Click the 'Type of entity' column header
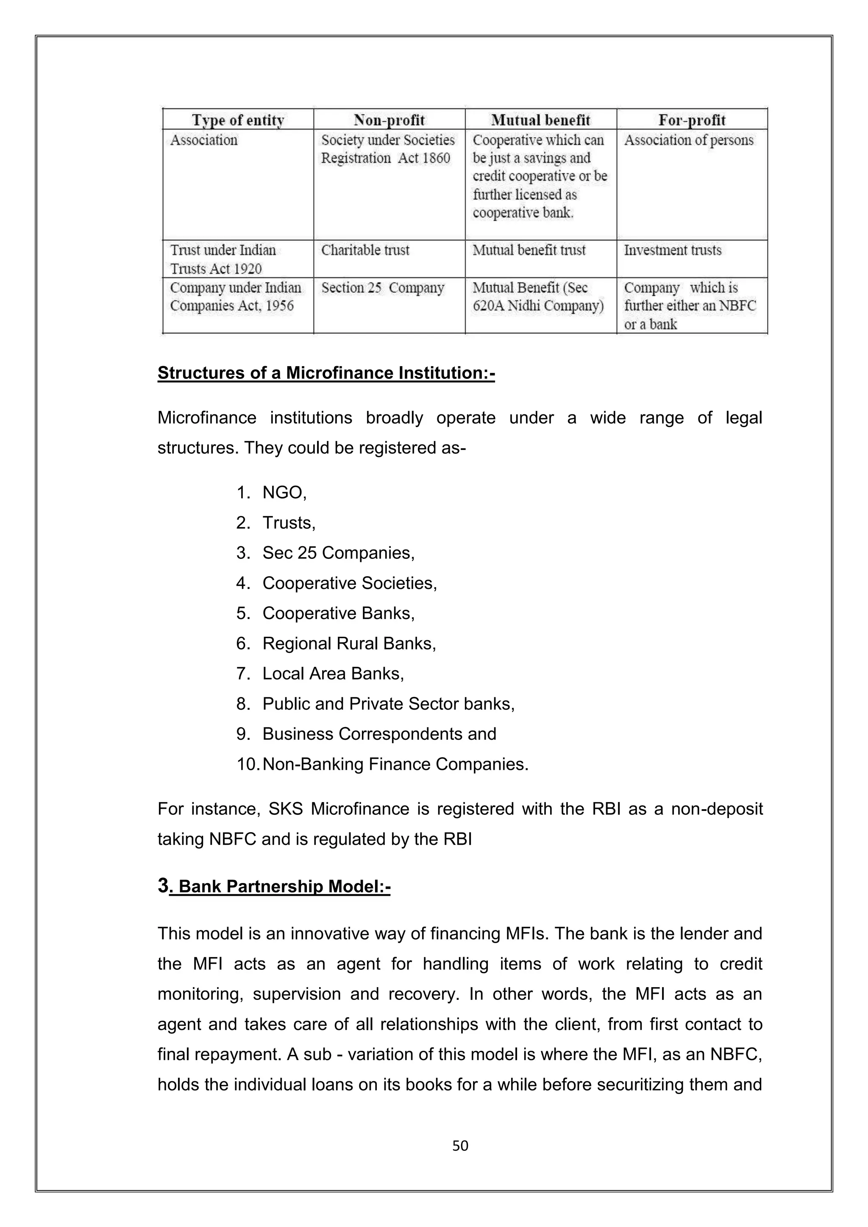click(x=238, y=120)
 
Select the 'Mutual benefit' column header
click(x=540, y=120)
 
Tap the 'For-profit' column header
click(x=692, y=120)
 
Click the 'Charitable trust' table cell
click(x=365, y=250)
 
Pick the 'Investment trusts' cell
click(x=672, y=250)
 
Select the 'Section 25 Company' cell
click(x=383, y=288)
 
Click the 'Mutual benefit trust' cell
click(x=529, y=250)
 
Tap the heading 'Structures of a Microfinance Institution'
click(x=326, y=372)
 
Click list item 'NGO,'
click(x=284, y=492)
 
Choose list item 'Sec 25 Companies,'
click(x=338, y=552)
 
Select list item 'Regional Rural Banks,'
click(x=349, y=644)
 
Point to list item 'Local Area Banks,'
click(x=333, y=673)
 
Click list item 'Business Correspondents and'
click(x=379, y=734)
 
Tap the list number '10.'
click(x=248, y=764)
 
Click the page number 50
click(x=460, y=1145)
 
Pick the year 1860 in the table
click(x=436, y=158)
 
